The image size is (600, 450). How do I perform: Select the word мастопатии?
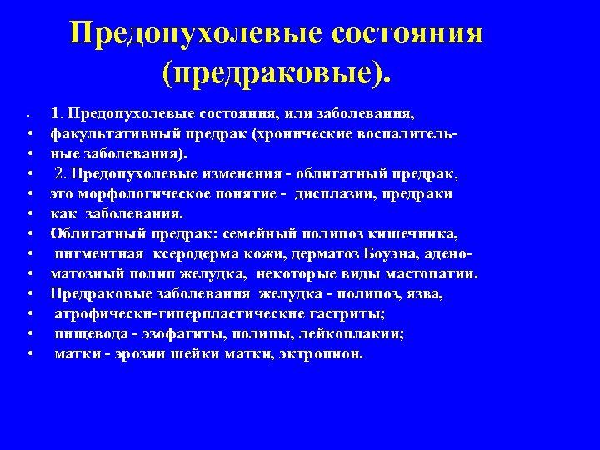tap(434, 272)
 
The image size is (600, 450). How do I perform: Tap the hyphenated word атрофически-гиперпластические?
tap(177, 313)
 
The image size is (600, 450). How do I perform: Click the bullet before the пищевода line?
tap(31, 334)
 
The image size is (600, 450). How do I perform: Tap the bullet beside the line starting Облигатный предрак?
tap(31, 233)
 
